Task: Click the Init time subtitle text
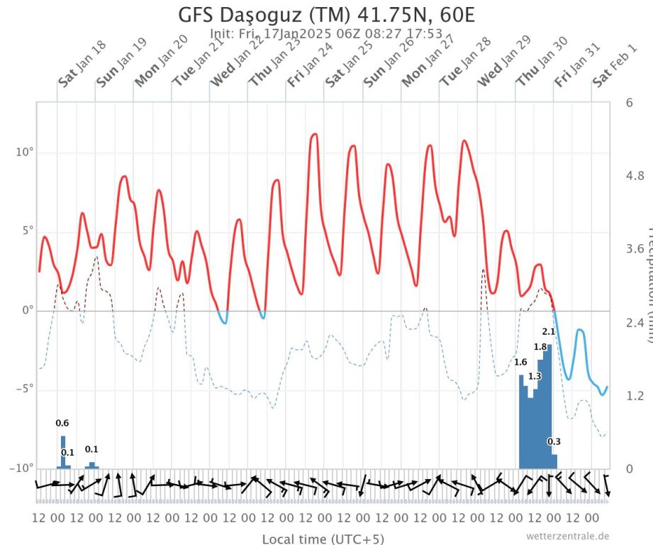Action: pyautogui.click(x=327, y=33)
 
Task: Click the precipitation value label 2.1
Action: pyautogui.click(x=549, y=331)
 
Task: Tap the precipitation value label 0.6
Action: pyautogui.click(x=62, y=424)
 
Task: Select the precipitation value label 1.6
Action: pyautogui.click(x=520, y=363)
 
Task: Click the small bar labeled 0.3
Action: pyautogui.click(x=554, y=461)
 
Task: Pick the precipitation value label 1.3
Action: pyautogui.click(x=535, y=376)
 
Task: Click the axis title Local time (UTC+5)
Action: pyautogui.click(x=323, y=539)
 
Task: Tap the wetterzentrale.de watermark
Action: pyautogui.click(x=567, y=536)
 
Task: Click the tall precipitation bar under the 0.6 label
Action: pyautogui.click(x=62, y=452)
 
